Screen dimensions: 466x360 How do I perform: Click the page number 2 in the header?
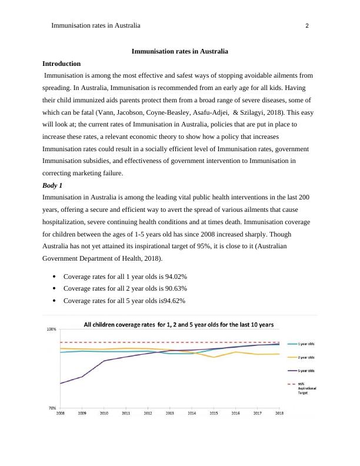[308, 26]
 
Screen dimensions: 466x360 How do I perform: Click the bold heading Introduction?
[61, 64]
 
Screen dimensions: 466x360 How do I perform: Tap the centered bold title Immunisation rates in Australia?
[179, 52]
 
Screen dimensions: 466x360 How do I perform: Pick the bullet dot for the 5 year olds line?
[54, 301]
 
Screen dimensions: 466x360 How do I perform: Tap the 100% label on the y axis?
[52, 329]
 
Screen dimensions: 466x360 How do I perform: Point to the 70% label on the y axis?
[52, 407]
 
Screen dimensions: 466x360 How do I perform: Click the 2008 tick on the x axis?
[61, 414]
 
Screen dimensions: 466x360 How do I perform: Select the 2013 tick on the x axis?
[169, 414]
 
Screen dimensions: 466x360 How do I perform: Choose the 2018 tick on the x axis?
[278, 414]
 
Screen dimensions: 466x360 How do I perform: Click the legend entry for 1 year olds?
[306, 344]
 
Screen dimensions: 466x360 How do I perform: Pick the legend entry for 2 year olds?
[306, 357]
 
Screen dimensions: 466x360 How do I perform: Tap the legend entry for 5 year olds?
[306, 371]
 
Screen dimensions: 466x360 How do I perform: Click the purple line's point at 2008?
[61, 384]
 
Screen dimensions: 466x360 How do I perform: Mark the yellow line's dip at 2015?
[214, 357]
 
